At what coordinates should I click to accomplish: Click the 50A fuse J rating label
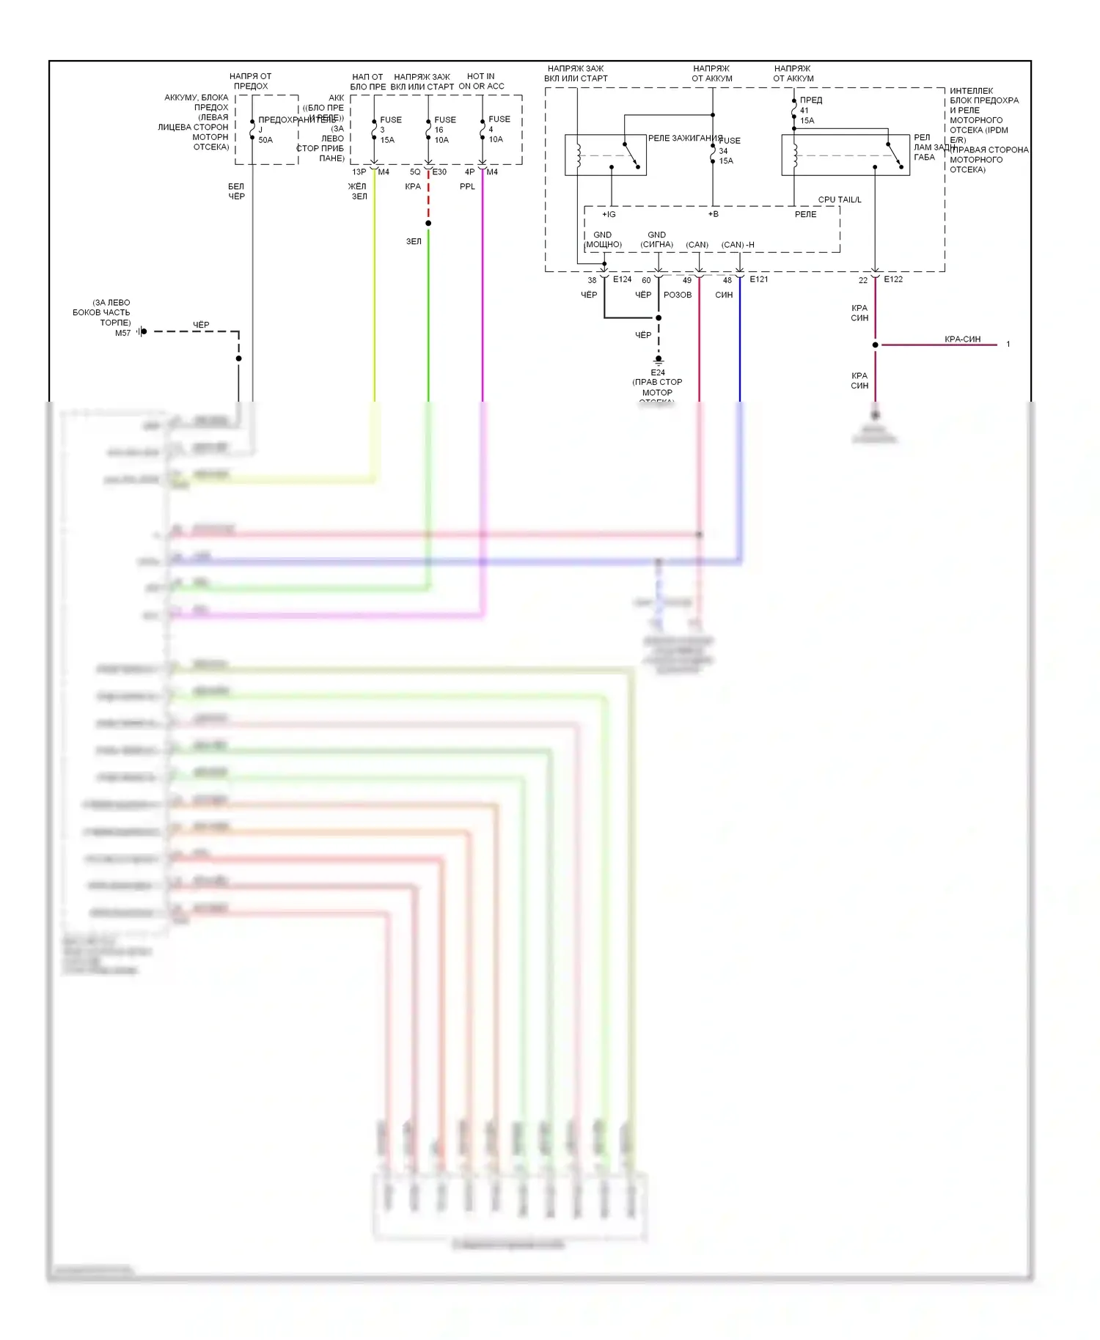(265, 140)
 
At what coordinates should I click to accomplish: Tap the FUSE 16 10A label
(444, 130)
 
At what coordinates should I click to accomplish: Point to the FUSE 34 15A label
(727, 150)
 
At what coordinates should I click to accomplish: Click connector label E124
(622, 279)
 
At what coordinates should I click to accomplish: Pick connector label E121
(758, 279)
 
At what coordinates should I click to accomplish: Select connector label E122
(893, 279)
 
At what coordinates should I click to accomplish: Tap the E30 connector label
(439, 172)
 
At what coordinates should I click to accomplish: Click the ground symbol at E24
(658, 361)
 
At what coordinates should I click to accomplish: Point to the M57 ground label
(122, 333)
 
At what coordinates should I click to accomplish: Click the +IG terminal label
(609, 214)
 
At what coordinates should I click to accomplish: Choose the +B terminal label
(713, 214)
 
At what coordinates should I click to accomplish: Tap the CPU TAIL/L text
(840, 199)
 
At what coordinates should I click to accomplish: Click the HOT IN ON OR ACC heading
(481, 81)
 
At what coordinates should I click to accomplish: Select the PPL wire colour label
(467, 186)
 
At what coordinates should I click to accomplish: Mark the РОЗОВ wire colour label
(678, 295)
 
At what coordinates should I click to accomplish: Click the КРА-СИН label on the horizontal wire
(962, 339)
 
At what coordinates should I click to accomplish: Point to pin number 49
(686, 280)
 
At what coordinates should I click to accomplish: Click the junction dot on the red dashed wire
(428, 223)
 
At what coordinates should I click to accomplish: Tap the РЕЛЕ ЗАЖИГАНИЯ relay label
(685, 138)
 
